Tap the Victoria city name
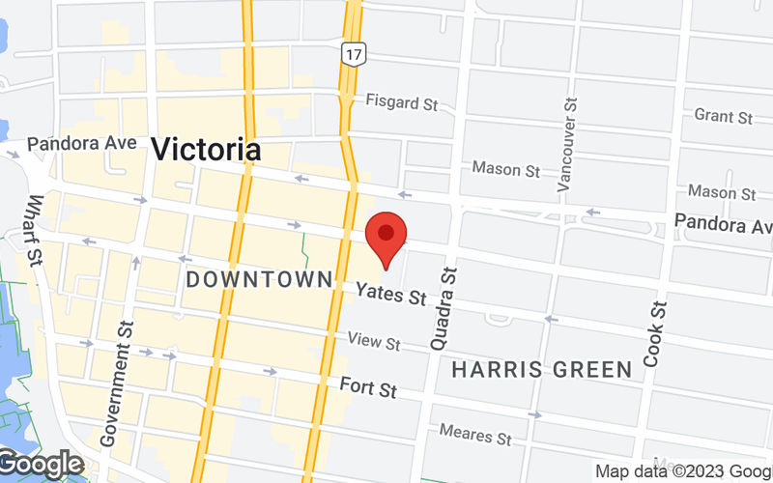pos(206,150)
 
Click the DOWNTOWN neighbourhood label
pos(259,280)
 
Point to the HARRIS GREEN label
pos(542,369)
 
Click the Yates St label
pos(390,294)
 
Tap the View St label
pos(374,342)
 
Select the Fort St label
pos(368,387)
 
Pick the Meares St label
pos(474,435)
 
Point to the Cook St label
pos(655,335)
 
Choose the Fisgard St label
pos(401,100)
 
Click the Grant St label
pos(723,117)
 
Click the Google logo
pos(43,465)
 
